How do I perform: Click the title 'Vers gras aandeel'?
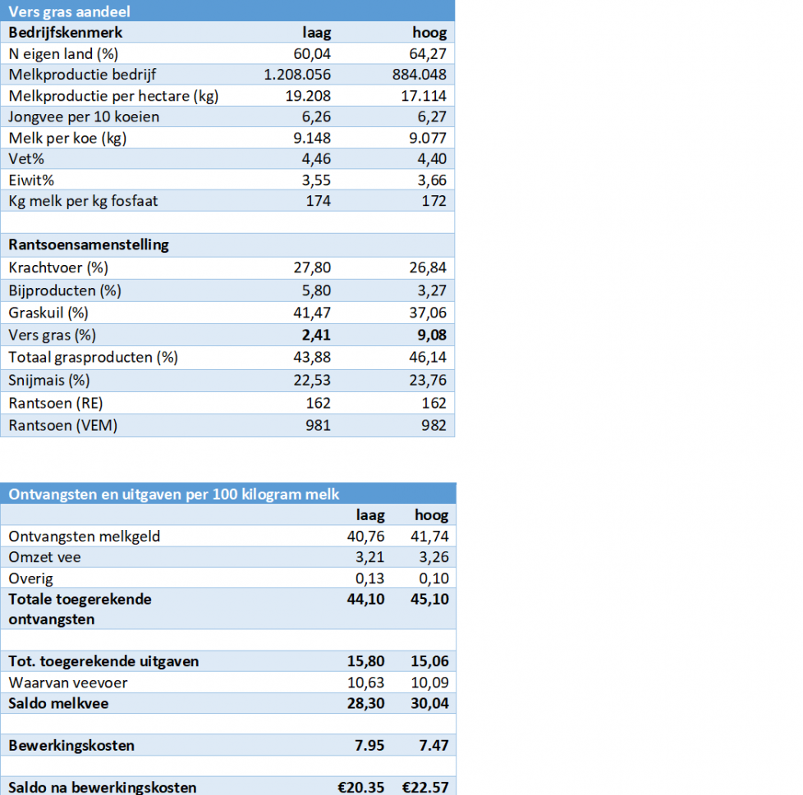tap(69, 11)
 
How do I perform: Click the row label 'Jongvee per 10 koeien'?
tap(84, 117)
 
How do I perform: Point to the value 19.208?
tap(306, 96)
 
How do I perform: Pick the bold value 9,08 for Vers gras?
tap(429, 335)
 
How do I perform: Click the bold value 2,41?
tap(314, 335)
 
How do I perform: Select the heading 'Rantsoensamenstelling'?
tap(89, 244)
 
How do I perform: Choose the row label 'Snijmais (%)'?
tap(50, 380)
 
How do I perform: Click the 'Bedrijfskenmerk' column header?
tap(66, 33)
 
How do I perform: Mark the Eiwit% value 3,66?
tap(430, 180)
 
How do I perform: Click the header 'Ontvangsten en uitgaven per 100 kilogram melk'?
tap(174, 494)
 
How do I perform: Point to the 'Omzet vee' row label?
tap(44, 558)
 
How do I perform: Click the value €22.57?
tap(425, 788)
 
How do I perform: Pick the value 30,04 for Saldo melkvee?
tap(429, 703)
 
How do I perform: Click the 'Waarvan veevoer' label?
tap(68, 683)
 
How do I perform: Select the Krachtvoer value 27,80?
tap(312, 267)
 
